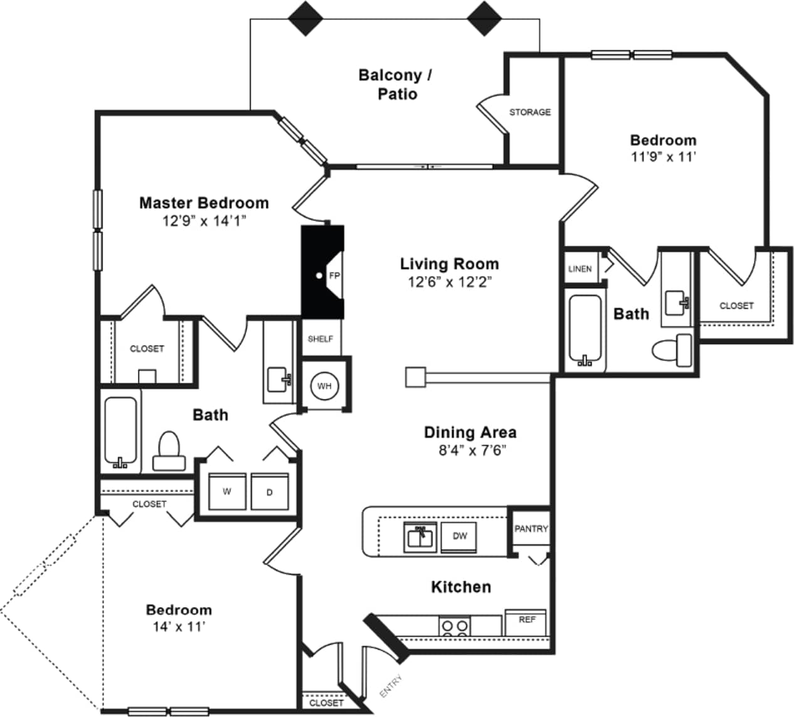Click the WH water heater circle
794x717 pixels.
pyautogui.click(x=324, y=386)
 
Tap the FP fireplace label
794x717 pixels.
pyautogui.click(x=334, y=275)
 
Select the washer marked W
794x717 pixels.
pyautogui.click(x=227, y=492)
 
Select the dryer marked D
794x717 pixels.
pyautogui.click(x=270, y=492)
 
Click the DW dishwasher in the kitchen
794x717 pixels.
pyautogui.click(x=459, y=536)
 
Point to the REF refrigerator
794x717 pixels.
pyautogui.click(x=526, y=620)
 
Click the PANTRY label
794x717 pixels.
pyautogui.click(x=531, y=529)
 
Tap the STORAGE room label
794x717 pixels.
pyautogui.click(x=530, y=112)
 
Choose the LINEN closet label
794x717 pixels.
pyautogui.click(x=580, y=268)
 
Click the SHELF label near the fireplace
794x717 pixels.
pyautogui.click(x=320, y=339)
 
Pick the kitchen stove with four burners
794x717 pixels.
pyautogui.click(x=455, y=627)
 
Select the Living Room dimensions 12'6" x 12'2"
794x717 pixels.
pyautogui.click(x=449, y=282)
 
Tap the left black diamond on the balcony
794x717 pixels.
pyautogui.click(x=305, y=18)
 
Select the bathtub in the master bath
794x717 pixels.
pyautogui.click(x=120, y=433)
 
